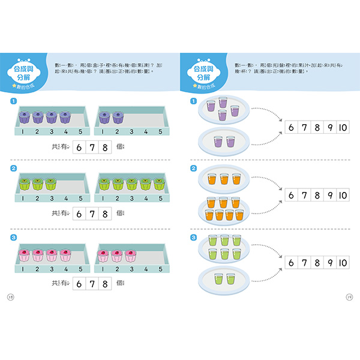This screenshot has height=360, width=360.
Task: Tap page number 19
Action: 349,296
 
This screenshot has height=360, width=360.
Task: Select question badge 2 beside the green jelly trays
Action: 13,168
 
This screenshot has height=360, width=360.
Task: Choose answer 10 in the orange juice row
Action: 342,194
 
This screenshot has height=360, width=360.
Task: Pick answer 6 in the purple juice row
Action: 292,127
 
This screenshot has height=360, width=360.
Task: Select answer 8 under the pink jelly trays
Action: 104,282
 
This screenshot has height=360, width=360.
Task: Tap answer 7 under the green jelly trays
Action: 92,214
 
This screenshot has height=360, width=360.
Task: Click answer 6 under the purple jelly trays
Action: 80,145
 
